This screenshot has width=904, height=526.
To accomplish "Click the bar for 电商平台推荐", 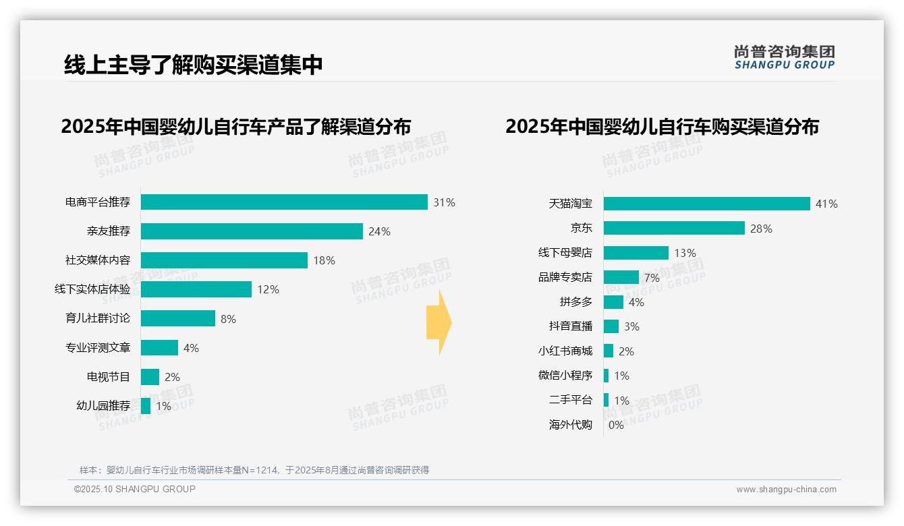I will [x=284, y=202].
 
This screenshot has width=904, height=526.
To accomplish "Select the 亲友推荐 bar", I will [x=252, y=231].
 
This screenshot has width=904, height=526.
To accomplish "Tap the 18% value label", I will [x=324, y=260].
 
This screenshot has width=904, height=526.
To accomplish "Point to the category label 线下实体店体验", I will [x=92, y=289].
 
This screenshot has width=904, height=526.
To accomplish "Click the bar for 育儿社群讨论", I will [x=178, y=318].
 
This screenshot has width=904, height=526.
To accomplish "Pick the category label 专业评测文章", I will [x=98, y=348].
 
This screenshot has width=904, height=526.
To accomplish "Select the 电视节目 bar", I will [x=150, y=377].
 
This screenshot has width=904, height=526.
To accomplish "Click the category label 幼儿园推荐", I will [x=103, y=406].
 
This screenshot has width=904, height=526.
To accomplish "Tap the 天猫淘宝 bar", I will [x=706, y=204].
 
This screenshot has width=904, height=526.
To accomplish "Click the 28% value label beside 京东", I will [x=761, y=229].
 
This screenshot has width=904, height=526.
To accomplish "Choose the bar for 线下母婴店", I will [x=635, y=253].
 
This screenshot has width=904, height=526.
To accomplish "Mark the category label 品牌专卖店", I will [x=565, y=277].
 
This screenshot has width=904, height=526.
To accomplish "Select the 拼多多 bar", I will [x=613, y=302].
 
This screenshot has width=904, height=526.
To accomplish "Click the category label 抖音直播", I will [x=571, y=326].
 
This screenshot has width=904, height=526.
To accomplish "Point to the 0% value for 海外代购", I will [x=616, y=425].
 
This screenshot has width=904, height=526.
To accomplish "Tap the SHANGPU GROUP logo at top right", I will [x=784, y=57].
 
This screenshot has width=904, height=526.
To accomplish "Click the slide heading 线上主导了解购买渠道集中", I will [x=194, y=65].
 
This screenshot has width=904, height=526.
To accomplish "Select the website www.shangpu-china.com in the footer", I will [x=786, y=490].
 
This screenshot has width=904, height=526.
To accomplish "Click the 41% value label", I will [x=826, y=204].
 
